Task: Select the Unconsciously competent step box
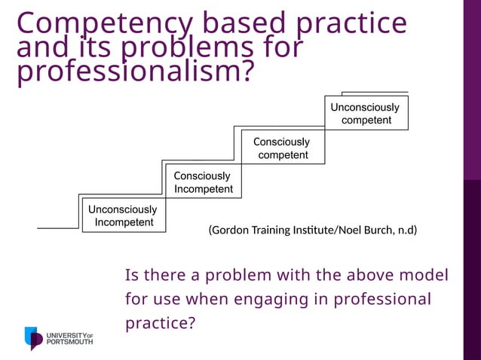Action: [366, 113]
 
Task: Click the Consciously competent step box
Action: [283, 148]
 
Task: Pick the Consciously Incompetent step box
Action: [203, 182]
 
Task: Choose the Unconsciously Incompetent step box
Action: [123, 215]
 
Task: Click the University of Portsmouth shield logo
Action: [34, 338]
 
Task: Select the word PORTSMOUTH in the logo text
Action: [70, 342]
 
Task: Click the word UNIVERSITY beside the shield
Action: [66, 334]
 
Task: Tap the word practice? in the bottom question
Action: [161, 324]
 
